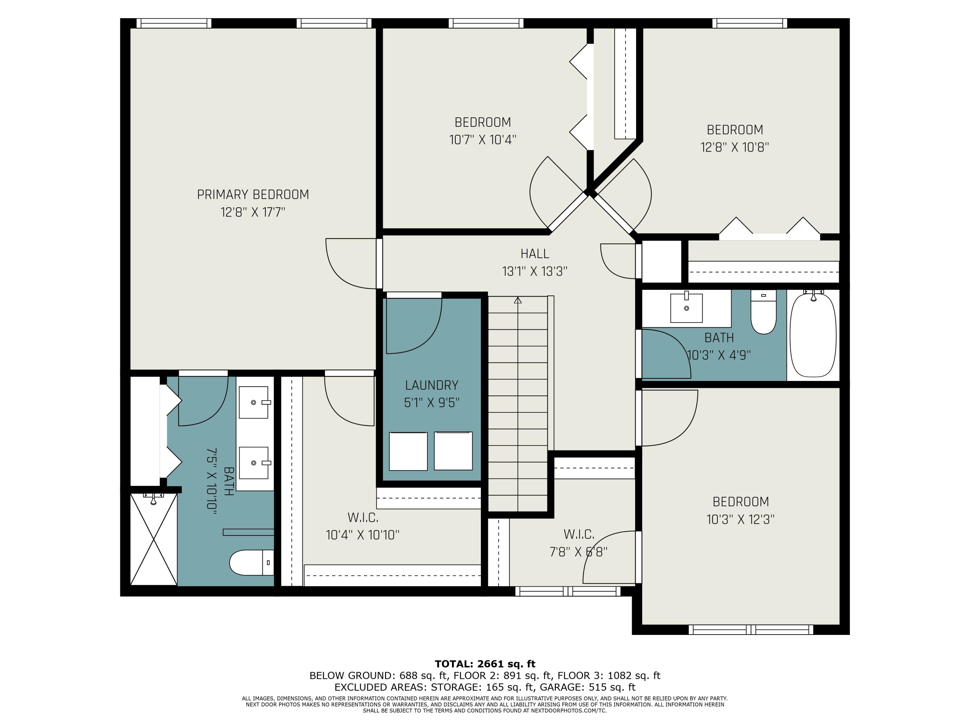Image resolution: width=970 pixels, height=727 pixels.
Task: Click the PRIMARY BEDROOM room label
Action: [253, 195]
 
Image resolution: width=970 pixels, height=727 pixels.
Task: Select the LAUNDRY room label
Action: [432, 385]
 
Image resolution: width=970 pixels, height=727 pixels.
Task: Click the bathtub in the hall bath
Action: [813, 335]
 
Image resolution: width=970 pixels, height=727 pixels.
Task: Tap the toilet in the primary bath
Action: [252, 562]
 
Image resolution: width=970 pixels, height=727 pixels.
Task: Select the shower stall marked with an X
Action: [154, 539]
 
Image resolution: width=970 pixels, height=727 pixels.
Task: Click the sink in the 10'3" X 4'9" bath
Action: [686, 308]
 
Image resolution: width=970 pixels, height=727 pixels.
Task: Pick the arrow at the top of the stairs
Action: [518, 300]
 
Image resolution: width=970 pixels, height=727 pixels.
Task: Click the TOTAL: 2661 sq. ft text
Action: [485, 664]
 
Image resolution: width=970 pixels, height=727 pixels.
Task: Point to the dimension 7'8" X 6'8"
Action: [578, 552]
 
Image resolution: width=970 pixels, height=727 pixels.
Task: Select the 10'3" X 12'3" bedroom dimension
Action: [741, 519]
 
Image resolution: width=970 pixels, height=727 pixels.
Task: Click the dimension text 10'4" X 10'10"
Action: [363, 535]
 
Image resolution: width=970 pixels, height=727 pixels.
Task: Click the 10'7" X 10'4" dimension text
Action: [483, 140]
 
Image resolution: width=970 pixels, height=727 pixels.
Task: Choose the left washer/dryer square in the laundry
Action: [408, 451]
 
